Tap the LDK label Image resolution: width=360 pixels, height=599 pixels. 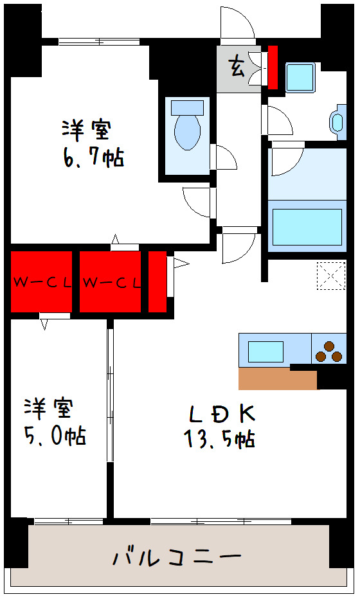pyautogui.click(x=221, y=411)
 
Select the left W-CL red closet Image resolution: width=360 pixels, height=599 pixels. pyautogui.click(x=41, y=282)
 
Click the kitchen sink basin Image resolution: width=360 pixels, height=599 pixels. pyautogui.click(x=265, y=352)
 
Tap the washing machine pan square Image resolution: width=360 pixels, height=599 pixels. pyautogui.click(x=299, y=77)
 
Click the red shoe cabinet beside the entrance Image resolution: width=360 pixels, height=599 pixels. pyautogui.click(x=273, y=67)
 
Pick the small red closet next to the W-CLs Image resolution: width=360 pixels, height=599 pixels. pyautogui.click(x=157, y=282)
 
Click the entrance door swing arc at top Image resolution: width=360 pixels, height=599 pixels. pyautogui.click(x=237, y=24)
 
